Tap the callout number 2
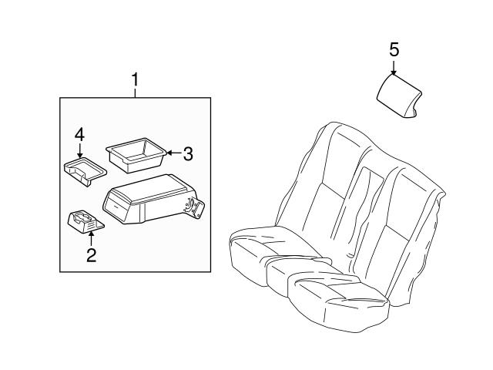coord(91,255)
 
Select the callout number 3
coord(188,153)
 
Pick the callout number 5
coord(394,49)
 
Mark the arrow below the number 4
coord(79,151)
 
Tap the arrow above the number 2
coord(91,238)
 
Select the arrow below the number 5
coord(394,68)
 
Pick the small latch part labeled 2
coord(84,220)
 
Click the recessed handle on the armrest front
coord(119,205)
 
